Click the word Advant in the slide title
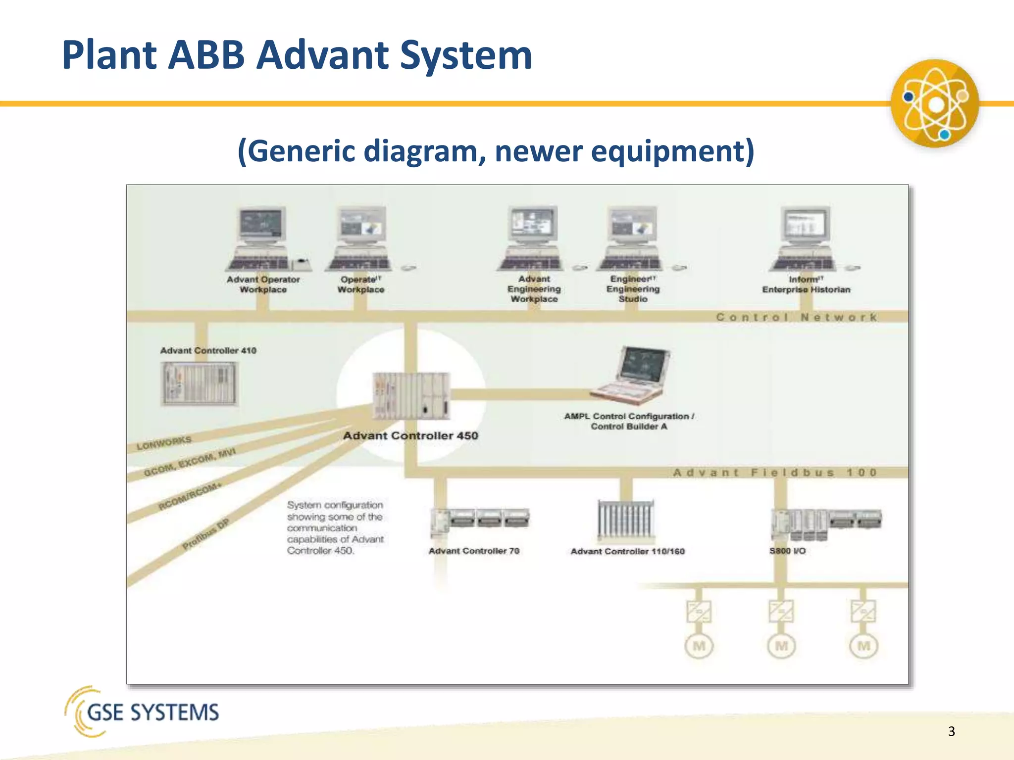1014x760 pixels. (324, 55)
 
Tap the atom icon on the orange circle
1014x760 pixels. (935, 104)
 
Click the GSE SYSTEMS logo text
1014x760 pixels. (152, 712)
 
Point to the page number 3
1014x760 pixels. (951, 731)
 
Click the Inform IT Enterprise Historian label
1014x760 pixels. (806, 285)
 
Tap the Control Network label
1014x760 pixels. (797, 317)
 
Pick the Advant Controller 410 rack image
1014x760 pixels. (200, 383)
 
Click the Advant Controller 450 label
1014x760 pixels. (410, 436)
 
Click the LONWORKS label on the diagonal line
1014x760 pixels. (164, 443)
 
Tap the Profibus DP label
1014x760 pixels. (205, 534)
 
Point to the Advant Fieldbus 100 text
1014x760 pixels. (775, 473)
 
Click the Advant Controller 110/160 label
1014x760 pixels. (627, 551)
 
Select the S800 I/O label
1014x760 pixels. (787, 551)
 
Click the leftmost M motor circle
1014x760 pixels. (699, 646)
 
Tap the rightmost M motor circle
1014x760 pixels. (863, 646)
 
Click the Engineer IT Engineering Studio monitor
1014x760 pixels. (632, 226)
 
